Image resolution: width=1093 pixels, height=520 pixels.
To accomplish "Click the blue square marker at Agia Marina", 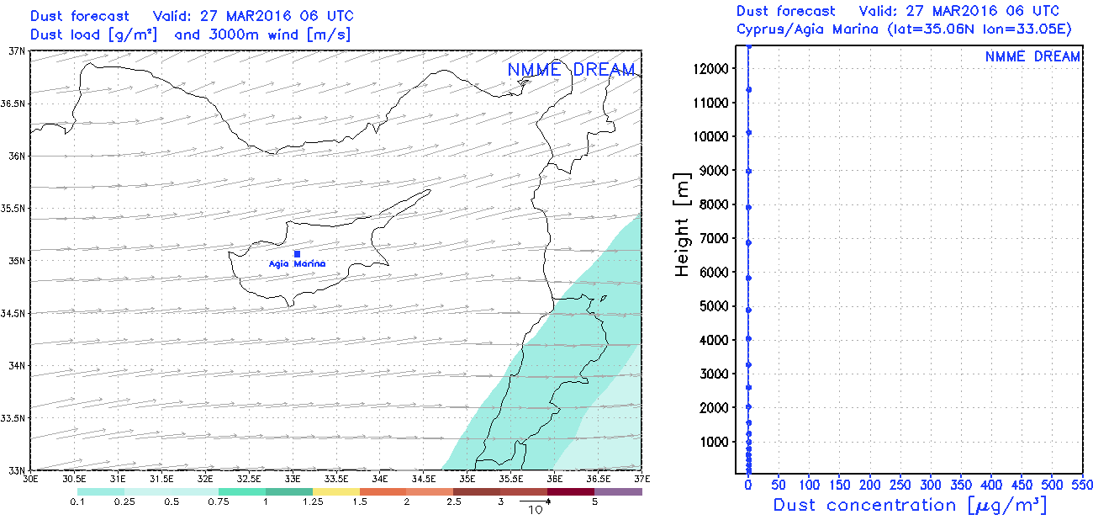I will click(297, 253).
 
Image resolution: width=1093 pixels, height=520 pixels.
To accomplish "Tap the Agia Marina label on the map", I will click(297, 264).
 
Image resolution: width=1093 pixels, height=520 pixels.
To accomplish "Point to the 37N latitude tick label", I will click(17, 51).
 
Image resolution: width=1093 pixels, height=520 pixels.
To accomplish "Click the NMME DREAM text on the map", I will click(571, 70).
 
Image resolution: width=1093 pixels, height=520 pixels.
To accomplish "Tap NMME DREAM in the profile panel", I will click(1032, 56).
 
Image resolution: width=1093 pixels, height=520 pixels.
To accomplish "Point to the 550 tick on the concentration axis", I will click(1083, 486).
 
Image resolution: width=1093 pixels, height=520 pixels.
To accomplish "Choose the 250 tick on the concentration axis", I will click(900, 486).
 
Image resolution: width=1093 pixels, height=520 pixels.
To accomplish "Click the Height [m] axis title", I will click(683, 226).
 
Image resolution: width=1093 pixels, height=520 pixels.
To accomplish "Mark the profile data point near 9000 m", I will click(748, 171).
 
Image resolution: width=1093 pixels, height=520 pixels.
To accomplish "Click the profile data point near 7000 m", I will click(748, 242).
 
